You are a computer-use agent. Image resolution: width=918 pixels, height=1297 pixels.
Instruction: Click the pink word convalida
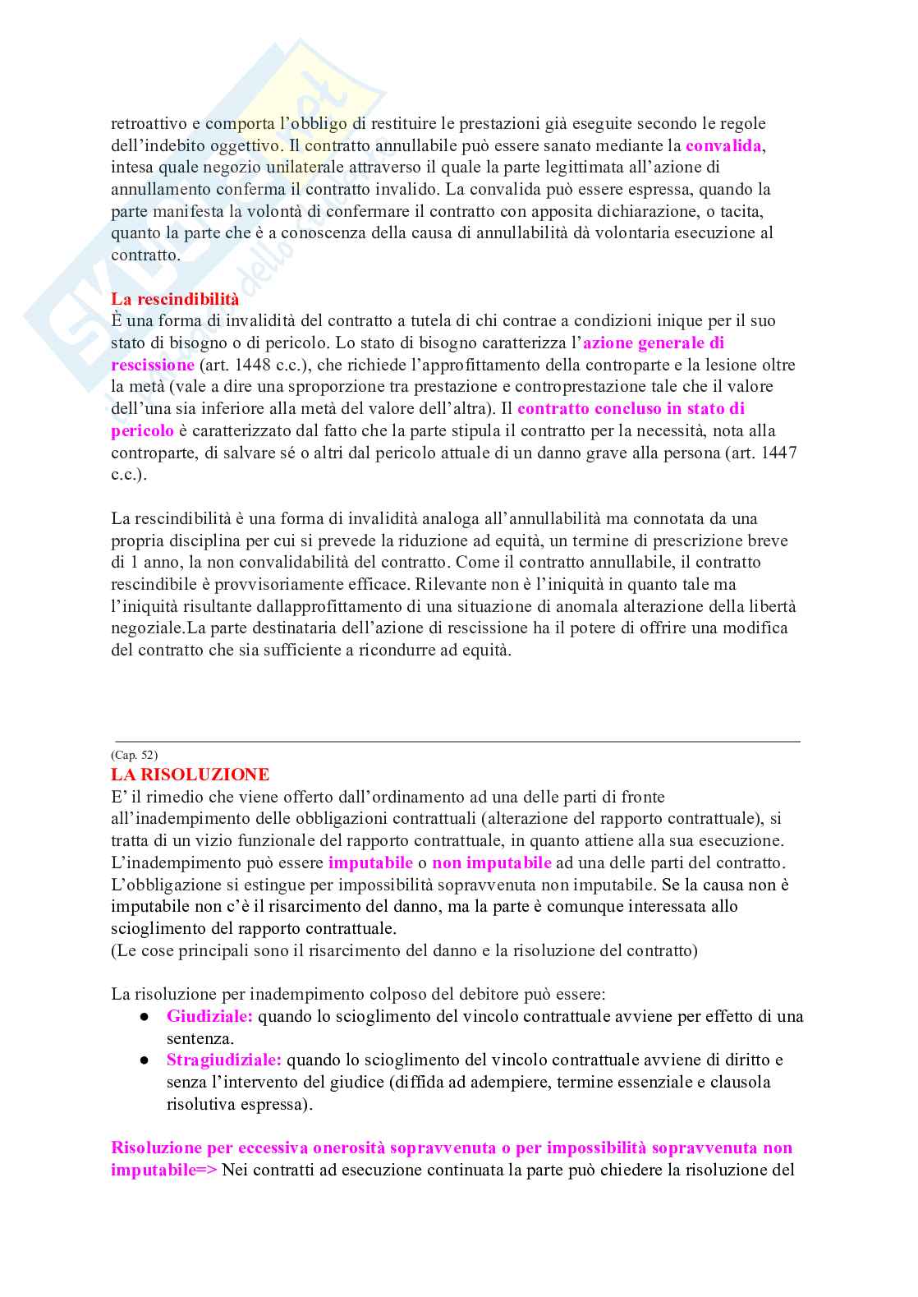[724, 146]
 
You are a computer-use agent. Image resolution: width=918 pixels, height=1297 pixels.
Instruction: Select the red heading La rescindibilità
[175, 299]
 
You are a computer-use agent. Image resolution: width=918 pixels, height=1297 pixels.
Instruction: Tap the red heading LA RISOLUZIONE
[190, 775]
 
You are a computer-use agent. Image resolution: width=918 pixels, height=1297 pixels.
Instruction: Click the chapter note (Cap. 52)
[134, 755]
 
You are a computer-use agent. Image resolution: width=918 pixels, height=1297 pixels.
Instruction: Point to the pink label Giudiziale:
[209, 1016]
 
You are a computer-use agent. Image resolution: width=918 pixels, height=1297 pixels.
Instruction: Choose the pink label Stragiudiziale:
[223, 1060]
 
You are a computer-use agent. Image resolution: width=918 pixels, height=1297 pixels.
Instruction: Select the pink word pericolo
[142, 430]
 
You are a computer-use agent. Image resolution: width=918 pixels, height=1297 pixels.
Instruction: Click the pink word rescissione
[153, 365]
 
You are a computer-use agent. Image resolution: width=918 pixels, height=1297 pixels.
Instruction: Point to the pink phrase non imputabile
[492, 862]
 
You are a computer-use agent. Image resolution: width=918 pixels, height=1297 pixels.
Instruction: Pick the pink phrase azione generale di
[654, 343]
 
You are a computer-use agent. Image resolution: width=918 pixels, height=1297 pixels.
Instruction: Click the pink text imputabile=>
[163, 1170]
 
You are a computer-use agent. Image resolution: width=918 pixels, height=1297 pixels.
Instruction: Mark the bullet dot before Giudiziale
[145, 1017]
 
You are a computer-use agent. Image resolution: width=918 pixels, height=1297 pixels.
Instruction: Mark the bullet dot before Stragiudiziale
[145, 1060]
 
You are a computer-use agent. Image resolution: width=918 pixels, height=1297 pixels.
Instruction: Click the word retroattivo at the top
[149, 124]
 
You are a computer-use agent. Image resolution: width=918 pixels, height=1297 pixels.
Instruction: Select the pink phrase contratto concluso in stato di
[631, 408]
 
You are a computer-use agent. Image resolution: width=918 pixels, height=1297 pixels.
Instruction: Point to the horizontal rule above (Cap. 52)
[457, 742]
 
